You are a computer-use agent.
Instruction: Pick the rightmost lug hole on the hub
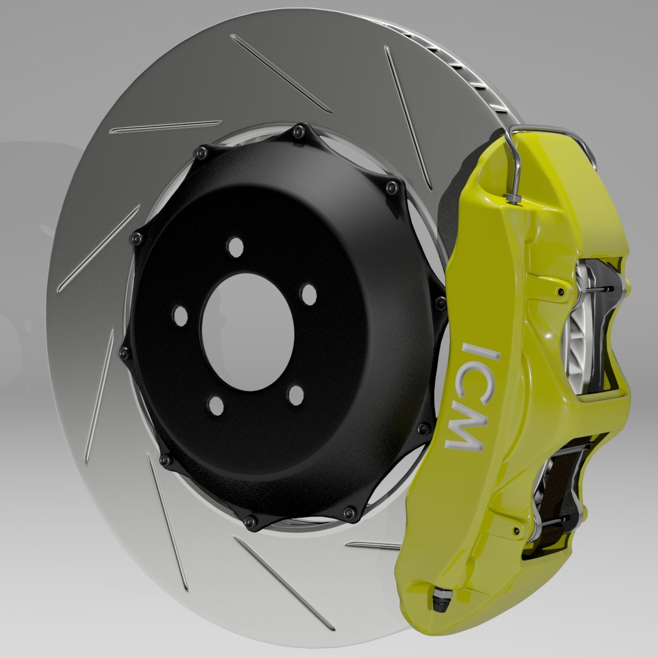click(x=309, y=294)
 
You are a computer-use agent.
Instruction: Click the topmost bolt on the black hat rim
click(x=298, y=131)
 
